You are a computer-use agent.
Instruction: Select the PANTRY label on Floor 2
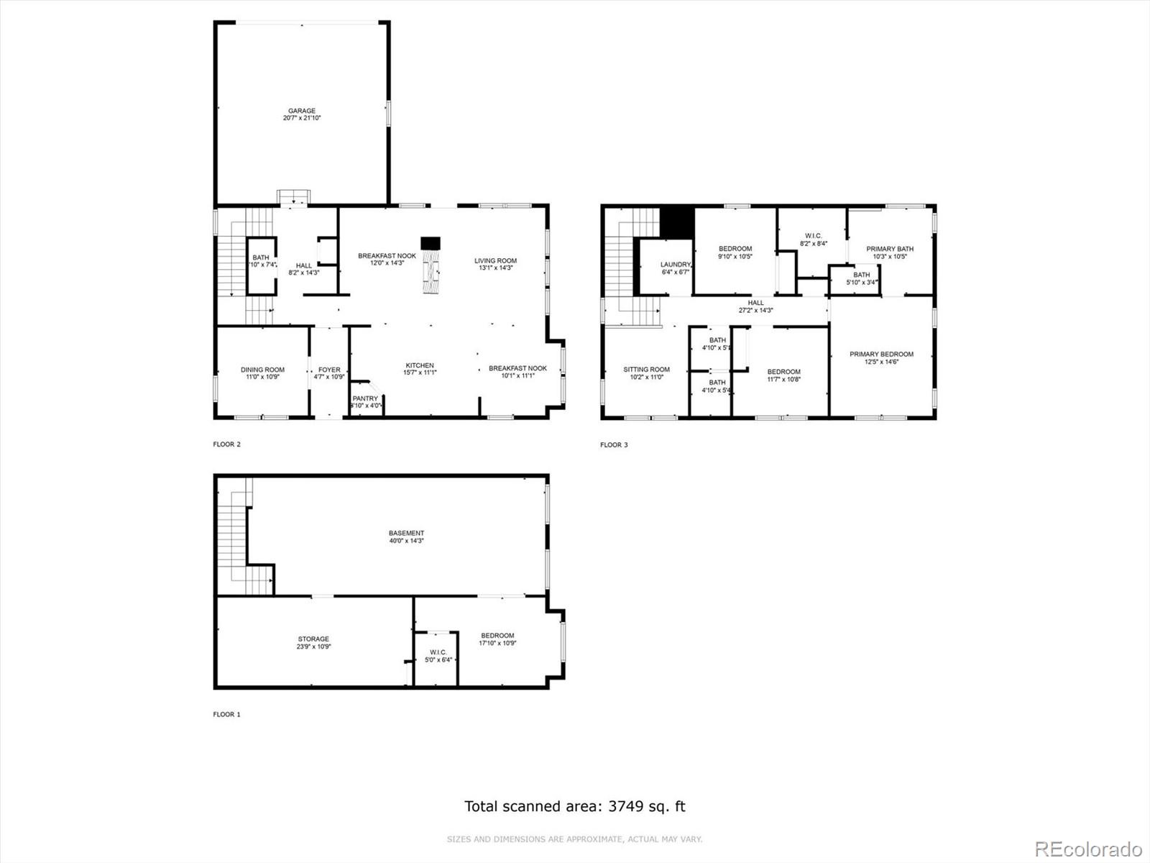pos(365,398)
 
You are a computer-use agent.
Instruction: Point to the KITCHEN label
pos(420,365)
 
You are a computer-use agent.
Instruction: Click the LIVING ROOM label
pos(495,261)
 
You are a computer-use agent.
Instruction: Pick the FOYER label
pos(329,370)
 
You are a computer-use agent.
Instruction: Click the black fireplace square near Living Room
pos(431,243)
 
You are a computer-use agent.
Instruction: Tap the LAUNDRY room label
pos(675,265)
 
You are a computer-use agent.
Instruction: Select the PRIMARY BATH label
pos(890,249)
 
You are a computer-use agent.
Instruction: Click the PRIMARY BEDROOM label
pos(881,354)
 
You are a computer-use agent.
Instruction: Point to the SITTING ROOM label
pos(646,370)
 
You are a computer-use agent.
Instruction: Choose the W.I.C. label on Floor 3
pos(813,235)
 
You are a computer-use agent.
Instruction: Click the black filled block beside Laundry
pos(676,222)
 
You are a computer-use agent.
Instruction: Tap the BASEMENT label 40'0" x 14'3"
pos(407,534)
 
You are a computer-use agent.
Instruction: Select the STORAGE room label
pos(313,639)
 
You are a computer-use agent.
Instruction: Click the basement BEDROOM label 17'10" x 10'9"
pos(497,635)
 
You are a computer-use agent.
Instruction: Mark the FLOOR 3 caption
pos(614,444)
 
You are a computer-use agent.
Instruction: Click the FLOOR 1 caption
pos(226,714)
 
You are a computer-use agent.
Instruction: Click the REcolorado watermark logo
pos(1088,849)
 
